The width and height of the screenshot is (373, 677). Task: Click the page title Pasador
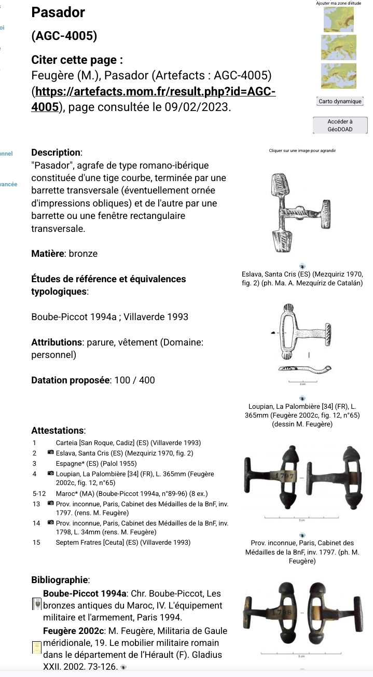58,12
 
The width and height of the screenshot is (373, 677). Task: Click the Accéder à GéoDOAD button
340,125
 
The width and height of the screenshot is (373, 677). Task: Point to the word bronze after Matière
83,254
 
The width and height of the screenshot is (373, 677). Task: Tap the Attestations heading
58,431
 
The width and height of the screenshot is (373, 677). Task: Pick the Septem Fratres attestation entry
123,543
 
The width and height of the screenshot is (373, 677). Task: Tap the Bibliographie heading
61,579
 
